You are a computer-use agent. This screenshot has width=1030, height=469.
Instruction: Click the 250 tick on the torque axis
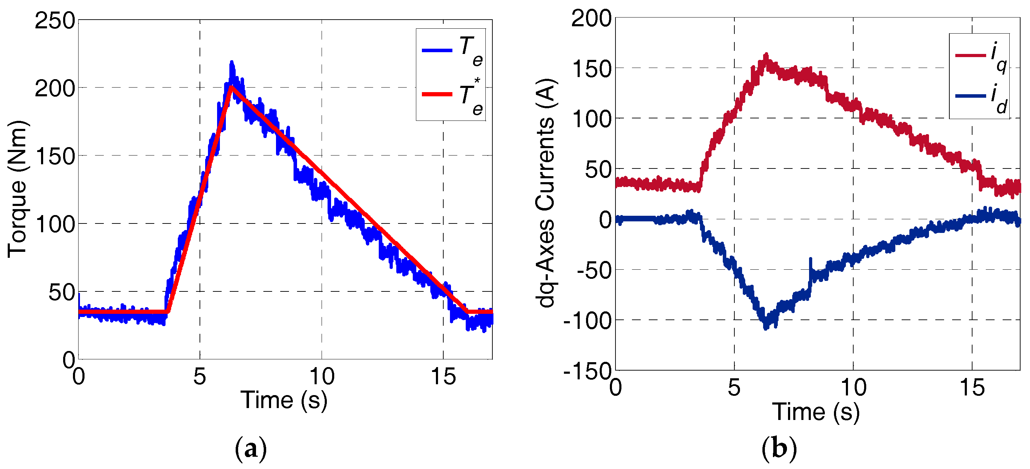pyautogui.click(x=55, y=21)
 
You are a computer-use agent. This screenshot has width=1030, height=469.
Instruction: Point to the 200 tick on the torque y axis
pyautogui.click(x=55, y=89)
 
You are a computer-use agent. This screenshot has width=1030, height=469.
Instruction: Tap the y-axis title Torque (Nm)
pyautogui.click(x=17, y=189)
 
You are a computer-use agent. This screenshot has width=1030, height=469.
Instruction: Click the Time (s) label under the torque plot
pyautogui.click(x=284, y=400)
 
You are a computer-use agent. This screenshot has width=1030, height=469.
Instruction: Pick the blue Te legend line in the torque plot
pyautogui.click(x=437, y=51)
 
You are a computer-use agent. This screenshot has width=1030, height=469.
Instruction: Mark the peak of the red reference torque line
pyautogui.click(x=231, y=86)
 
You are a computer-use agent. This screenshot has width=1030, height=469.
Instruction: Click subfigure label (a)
pyautogui.click(x=251, y=449)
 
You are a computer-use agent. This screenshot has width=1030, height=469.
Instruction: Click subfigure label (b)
pyautogui.click(x=779, y=449)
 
